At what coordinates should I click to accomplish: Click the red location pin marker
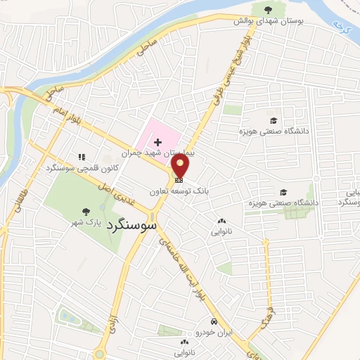(181, 167)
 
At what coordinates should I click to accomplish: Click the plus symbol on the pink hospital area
(157, 142)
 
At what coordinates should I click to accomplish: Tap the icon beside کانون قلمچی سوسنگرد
(82, 157)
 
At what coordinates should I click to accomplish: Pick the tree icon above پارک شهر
(86, 211)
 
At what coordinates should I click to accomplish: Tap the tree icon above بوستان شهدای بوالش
(268, 9)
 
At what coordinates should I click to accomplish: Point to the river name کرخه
(342, 28)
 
